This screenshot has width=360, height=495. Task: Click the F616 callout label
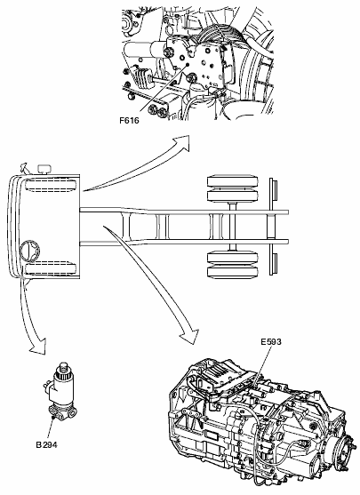click(x=129, y=121)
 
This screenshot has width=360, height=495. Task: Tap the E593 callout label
click(x=271, y=341)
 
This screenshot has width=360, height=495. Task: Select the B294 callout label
click(x=46, y=445)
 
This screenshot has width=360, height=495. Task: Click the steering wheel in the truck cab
click(x=30, y=251)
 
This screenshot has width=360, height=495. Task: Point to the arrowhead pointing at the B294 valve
click(x=39, y=347)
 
